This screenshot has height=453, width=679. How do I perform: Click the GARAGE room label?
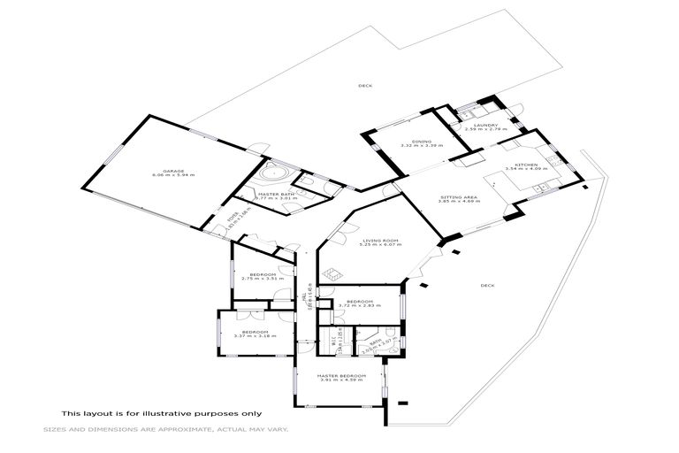172,170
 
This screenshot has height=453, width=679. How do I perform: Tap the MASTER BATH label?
269,194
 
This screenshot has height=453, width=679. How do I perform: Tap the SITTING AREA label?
458,196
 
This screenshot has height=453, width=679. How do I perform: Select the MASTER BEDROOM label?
340,376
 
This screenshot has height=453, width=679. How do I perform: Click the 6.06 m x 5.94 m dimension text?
172,175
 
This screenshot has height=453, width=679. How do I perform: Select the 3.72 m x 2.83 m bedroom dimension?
359,306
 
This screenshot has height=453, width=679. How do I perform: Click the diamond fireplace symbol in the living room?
330,276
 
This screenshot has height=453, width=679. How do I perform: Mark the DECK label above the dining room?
364,86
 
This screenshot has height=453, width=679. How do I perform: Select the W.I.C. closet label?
324,339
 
